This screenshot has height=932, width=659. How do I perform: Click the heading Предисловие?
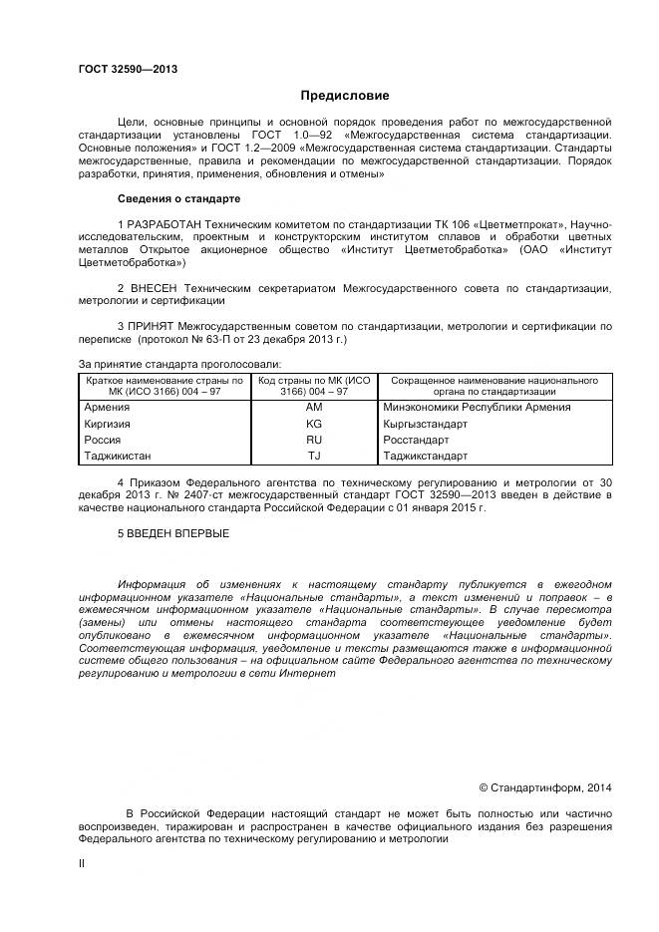click(345, 96)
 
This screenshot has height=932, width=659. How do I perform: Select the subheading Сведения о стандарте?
click(178, 198)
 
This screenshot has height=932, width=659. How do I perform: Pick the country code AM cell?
click(314, 408)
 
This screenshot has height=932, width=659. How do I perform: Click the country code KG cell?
click(314, 424)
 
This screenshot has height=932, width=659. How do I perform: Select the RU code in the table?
click(314, 440)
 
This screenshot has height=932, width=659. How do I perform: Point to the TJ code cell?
click(314, 456)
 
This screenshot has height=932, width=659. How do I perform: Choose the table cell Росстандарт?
click(414, 440)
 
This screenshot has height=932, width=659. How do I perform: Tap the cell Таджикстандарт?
click(425, 456)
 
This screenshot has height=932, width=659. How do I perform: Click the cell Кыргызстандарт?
click(426, 424)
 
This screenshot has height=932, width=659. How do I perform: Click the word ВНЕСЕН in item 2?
click(152, 288)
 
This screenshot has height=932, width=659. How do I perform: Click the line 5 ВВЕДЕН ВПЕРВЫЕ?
click(172, 533)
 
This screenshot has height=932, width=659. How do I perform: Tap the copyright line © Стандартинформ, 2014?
click(545, 787)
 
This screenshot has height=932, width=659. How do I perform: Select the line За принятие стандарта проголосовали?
click(179, 364)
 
